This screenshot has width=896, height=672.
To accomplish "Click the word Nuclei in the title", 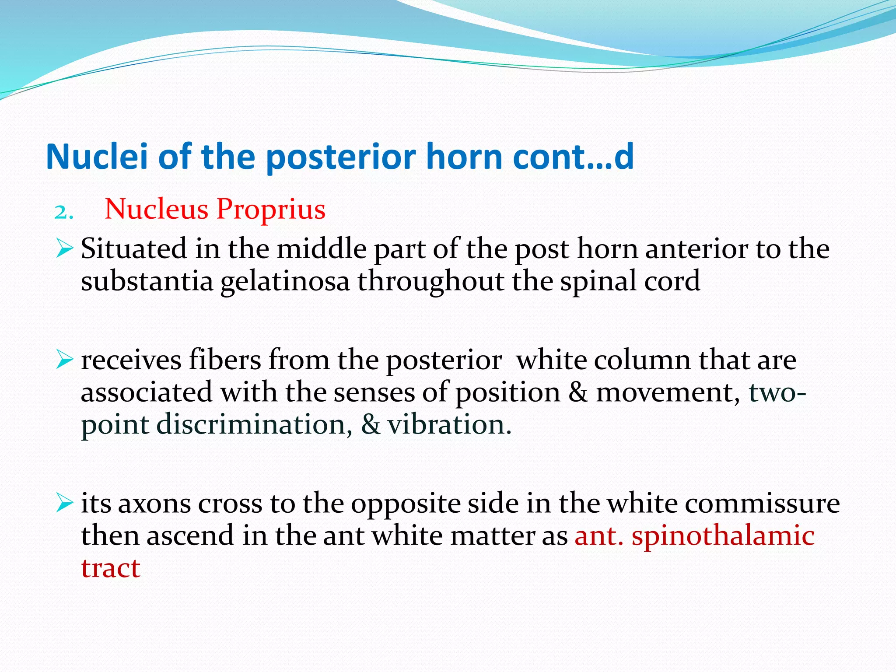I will point(97,157).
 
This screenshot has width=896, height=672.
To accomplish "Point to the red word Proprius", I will point(271,209).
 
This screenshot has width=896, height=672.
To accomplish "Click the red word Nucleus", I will point(156,209).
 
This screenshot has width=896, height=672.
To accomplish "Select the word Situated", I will point(133,249).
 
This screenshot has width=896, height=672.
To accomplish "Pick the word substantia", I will point(147,282).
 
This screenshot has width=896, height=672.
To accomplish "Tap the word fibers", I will point(224,360).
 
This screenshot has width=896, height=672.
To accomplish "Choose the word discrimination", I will point(254,425).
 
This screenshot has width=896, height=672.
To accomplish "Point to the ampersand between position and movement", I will point(578,392).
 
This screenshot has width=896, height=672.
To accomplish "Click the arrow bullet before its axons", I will point(64,504).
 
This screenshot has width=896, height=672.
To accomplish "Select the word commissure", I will point(762,504).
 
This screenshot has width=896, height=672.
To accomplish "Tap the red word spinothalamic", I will point(723,536).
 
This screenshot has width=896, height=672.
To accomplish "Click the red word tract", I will point(111,569).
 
